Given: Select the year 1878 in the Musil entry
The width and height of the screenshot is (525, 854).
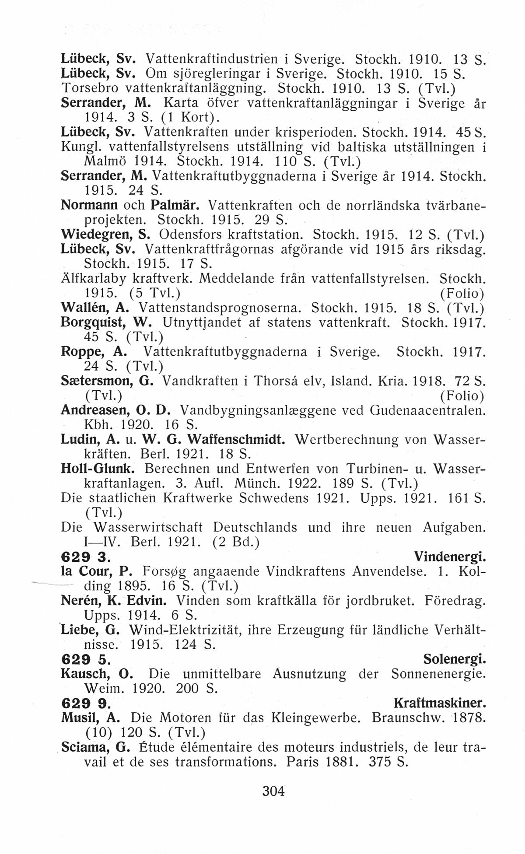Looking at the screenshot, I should tap(469, 718).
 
